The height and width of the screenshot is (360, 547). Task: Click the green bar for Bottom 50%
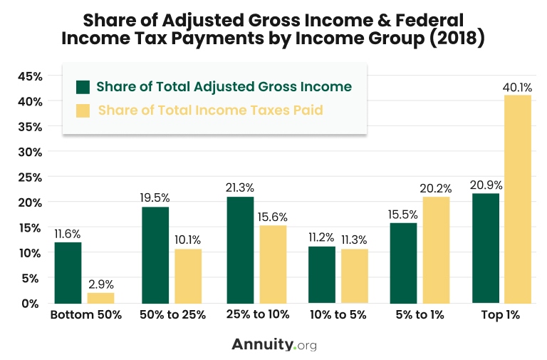pyautogui.click(x=68, y=272)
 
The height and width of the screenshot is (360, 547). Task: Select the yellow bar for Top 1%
pyautogui.click(x=517, y=199)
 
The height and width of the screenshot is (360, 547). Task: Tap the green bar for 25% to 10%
pyautogui.click(x=240, y=250)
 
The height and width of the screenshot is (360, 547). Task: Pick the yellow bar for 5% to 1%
pyautogui.click(x=437, y=250)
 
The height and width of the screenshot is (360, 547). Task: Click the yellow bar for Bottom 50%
pyautogui.click(x=100, y=297)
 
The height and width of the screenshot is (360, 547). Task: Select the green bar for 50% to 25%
pyautogui.click(x=155, y=254)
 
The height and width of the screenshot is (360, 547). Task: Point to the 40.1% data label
pyautogui.click(x=518, y=88)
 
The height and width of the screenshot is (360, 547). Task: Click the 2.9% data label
pyautogui.click(x=100, y=284)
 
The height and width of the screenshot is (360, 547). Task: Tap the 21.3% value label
pyautogui.click(x=240, y=188)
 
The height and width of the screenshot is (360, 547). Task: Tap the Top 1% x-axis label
pyautogui.click(x=501, y=315)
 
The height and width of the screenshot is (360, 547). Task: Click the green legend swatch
pyautogui.click(x=83, y=87)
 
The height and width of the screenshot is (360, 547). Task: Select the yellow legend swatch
pyautogui.click(x=83, y=110)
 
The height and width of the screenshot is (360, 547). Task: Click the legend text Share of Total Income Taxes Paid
pyautogui.click(x=211, y=110)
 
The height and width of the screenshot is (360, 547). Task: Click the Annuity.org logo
pyautogui.click(x=273, y=344)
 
